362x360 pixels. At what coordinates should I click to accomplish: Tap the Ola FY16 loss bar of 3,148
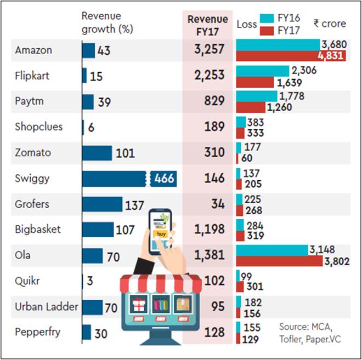pyautogui.click(x=271, y=250)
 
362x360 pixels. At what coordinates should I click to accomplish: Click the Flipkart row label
pyautogui.click(x=32, y=76)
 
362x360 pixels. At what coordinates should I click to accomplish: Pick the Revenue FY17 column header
pyautogui.click(x=208, y=25)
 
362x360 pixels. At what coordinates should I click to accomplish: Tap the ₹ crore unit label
pyautogui.click(x=330, y=24)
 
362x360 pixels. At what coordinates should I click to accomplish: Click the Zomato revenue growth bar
pyautogui.click(x=97, y=153)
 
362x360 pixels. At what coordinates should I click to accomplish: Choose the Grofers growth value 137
pyautogui.click(x=134, y=204)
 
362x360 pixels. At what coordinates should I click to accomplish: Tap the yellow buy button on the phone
pyautogui.click(x=161, y=233)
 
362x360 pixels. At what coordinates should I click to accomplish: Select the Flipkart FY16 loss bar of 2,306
pyautogui.click(x=262, y=71)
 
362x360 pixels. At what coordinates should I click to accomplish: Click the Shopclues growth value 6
pyautogui.click(x=90, y=127)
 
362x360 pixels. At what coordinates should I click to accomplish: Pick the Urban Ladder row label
pyautogui.click(x=47, y=307)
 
